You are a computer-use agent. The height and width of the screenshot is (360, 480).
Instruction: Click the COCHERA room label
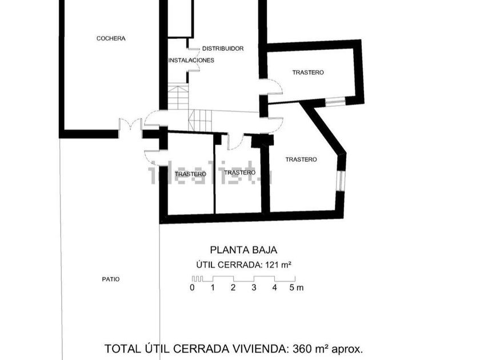point(111,38)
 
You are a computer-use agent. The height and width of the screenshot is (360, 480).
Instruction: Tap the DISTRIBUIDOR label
point(223,49)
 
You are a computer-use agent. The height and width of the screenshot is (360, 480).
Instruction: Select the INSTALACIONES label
point(191,60)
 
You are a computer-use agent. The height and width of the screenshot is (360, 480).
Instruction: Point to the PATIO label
point(111,279)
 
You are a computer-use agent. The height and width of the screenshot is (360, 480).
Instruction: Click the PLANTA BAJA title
point(244,250)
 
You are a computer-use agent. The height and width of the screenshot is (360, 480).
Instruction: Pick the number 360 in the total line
point(303,348)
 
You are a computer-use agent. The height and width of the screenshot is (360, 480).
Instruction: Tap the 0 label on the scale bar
point(193,287)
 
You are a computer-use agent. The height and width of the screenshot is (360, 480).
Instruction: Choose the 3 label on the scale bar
point(254,287)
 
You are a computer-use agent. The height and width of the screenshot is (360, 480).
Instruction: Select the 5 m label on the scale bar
point(296,287)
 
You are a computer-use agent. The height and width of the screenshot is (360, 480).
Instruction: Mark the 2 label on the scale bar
point(233,287)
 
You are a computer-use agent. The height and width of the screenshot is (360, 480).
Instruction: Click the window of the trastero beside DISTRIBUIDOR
point(335,102)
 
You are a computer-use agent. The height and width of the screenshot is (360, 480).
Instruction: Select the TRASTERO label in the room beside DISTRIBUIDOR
point(308,73)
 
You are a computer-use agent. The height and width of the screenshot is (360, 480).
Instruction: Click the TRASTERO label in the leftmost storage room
point(190,174)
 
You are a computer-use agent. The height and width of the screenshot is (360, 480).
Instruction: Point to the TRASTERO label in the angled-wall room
point(301,159)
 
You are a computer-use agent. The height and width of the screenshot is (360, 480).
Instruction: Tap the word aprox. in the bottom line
point(344,348)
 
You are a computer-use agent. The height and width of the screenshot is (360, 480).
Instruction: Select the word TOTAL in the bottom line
point(121,348)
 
